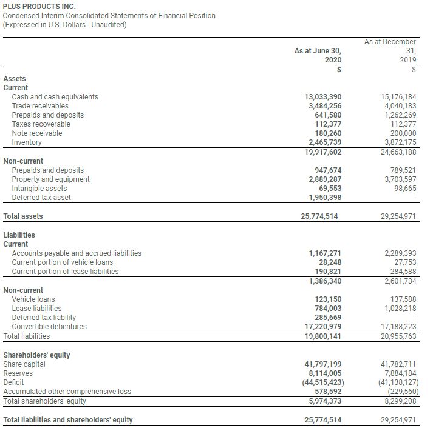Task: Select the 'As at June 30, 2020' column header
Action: pyautogui.click(x=318, y=56)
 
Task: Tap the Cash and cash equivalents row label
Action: pyautogui.click(x=55, y=97)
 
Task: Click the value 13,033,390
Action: pyautogui.click(x=322, y=97)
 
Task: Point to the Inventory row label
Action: pyautogui.click(x=27, y=142)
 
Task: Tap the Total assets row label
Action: pyautogui.click(x=23, y=216)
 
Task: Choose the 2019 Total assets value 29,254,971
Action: pyautogui.click(x=398, y=216)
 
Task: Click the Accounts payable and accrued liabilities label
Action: pyautogui.click(x=77, y=253)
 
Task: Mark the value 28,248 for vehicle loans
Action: pyautogui.click(x=328, y=262)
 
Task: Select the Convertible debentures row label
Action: pyautogui.click(x=49, y=327)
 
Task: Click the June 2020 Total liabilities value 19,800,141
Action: pyautogui.click(x=322, y=336)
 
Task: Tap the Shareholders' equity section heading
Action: pyautogui.click(x=36, y=355)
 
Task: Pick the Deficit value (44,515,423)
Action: pyautogui.click(x=321, y=382)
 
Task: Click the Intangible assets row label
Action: pyautogui.click(x=39, y=189)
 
